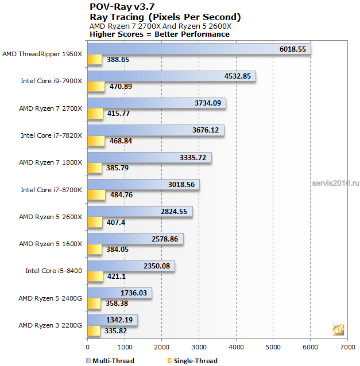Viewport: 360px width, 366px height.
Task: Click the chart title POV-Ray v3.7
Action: [122, 7]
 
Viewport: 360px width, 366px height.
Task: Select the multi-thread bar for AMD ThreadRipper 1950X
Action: [199, 49]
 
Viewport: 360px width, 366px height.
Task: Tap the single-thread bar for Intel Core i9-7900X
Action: [96, 87]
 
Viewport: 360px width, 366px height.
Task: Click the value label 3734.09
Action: [208, 103]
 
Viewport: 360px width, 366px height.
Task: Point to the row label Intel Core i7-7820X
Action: [52, 135]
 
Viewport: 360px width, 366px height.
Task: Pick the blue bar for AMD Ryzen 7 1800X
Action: [149, 158]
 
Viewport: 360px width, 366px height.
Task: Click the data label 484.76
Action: [121, 194]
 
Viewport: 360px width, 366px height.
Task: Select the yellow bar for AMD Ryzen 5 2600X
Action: [95, 222]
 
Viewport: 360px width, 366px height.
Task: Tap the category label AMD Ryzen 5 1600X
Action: [51, 244]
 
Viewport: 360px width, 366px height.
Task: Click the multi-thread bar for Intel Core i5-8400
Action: [131, 266]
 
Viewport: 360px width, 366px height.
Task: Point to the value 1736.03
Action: [134, 293]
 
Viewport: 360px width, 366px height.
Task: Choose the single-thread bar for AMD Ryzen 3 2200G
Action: [94, 330]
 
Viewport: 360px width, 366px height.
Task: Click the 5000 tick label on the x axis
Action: [273, 347]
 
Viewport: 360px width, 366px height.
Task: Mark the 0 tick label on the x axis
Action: [88, 347]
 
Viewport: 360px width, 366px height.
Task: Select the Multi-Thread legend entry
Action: [110, 361]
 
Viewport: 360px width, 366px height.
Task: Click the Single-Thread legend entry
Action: [192, 361]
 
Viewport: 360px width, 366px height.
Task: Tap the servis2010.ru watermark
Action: [335, 183]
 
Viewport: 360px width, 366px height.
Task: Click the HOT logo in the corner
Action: [338, 330]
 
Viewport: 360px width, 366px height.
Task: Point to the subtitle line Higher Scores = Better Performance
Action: [160, 34]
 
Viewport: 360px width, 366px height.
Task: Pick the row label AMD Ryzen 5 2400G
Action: [50, 298]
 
